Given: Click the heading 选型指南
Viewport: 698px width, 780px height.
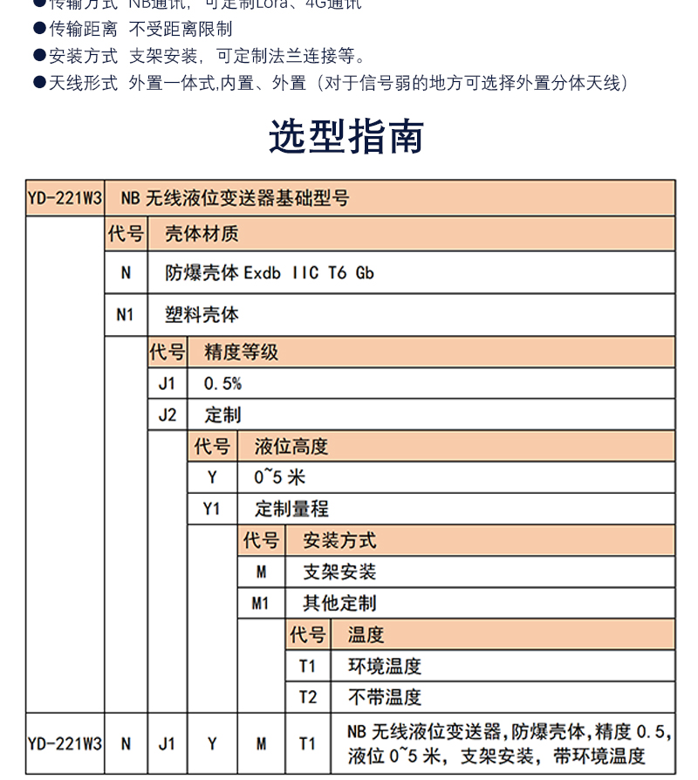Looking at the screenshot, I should click(346, 136).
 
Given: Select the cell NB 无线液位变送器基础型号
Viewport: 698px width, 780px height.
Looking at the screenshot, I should click(235, 199).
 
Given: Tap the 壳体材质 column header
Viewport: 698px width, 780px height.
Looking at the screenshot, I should click(202, 234).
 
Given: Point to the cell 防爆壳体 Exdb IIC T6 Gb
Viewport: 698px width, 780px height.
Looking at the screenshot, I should click(270, 272).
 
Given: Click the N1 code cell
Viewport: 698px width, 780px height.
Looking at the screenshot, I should click(126, 314).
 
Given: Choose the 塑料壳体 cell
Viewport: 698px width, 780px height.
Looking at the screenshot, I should click(202, 314).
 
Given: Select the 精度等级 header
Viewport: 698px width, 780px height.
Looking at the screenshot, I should click(242, 352).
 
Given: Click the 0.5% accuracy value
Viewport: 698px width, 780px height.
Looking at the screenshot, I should click(222, 384).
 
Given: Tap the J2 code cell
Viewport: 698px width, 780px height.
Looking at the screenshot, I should click(168, 415).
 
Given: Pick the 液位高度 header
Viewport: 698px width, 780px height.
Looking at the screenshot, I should click(291, 447).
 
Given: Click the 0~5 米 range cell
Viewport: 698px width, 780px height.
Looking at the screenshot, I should click(279, 478).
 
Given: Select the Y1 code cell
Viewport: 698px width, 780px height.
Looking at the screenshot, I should click(212, 509).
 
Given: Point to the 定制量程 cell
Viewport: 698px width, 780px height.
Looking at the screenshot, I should click(291, 509).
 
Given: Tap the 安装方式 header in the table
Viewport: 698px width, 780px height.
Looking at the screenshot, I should click(339, 541).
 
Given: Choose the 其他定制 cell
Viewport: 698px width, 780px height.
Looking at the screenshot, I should click(339, 603).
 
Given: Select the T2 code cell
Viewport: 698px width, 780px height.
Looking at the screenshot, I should click(308, 697).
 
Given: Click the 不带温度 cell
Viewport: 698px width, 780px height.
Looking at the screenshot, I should click(385, 697).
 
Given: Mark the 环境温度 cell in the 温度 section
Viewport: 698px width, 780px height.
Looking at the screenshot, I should click(385, 667).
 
